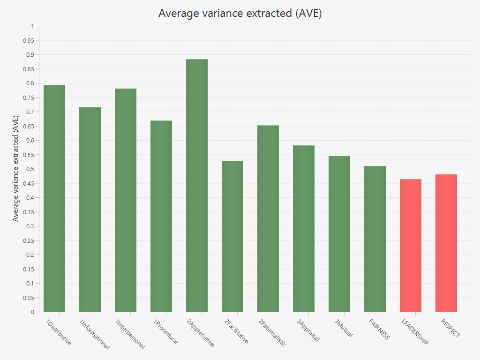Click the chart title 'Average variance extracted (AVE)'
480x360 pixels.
(x=240, y=13)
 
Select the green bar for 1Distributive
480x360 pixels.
(x=54, y=198)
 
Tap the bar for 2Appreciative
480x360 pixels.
(x=197, y=185)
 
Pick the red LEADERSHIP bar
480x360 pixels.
(x=411, y=245)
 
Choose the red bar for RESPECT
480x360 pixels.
(x=446, y=243)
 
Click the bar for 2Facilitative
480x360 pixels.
(x=232, y=236)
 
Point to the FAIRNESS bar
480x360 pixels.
(x=375, y=239)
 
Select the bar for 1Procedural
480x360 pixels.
(x=161, y=216)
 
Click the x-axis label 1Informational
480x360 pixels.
(x=94, y=334)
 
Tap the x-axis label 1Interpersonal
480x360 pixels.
(x=130, y=334)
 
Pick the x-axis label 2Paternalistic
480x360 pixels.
(x=272, y=333)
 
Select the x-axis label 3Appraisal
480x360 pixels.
(x=308, y=330)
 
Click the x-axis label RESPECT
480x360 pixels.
(x=450, y=329)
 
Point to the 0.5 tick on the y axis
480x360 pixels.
(x=31, y=169)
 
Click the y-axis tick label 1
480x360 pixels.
(x=32, y=26)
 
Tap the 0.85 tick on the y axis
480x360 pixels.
(x=29, y=69)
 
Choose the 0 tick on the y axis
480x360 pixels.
(x=32, y=312)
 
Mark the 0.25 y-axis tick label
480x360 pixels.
(x=29, y=240)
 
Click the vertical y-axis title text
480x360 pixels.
(x=16, y=169)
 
